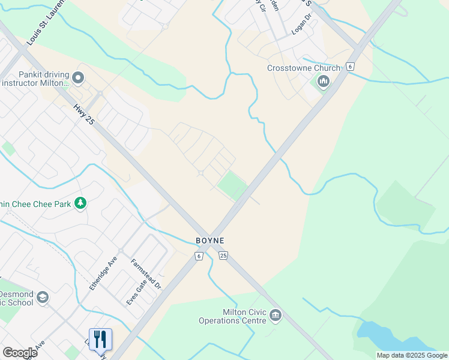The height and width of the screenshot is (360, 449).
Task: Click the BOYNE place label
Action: [210, 241]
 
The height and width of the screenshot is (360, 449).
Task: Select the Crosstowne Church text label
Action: [303, 68]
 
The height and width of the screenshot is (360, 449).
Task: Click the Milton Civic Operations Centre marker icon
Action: [276, 314]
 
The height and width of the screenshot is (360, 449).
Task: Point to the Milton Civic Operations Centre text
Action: [232, 316]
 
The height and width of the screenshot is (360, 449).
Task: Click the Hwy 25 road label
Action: [84, 113]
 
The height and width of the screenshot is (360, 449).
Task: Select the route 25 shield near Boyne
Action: [223, 256]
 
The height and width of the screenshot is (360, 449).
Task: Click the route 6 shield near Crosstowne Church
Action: [349, 67]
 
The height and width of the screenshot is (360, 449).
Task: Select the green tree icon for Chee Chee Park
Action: [80, 203]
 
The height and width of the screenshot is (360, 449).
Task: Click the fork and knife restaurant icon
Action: [100, 339]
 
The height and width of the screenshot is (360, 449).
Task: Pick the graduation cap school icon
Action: [42, 297]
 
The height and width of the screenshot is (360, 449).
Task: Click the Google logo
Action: [20, 352]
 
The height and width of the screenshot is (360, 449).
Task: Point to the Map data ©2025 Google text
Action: [412, 355]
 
